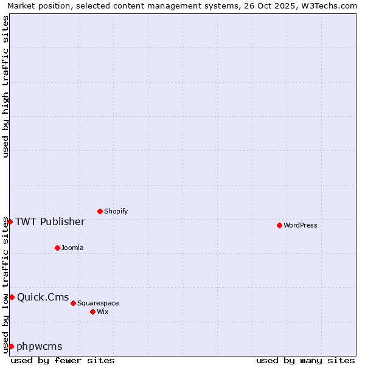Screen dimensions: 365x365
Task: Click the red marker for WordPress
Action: [x=279, y=225]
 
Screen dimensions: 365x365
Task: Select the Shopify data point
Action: [x=100, y=211]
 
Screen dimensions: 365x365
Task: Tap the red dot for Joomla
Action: [x=57, y=248]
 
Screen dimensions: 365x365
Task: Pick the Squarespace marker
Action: [x=73, y=303]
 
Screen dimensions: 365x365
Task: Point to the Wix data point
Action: [x=92, y=311]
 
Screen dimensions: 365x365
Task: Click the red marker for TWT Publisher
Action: [x=10, y=221]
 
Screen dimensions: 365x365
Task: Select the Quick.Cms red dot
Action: [x=12, y=297]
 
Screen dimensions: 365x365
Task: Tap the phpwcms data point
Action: [x=11, y=346]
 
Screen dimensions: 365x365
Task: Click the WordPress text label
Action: [x=301, y=226]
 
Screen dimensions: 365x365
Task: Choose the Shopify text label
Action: [x=116, y=212]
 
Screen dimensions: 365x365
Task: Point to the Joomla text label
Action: [x=72, y=248]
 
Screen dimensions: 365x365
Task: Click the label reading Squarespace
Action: [x=98, y=304]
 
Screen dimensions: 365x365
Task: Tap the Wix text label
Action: [x=103, y=312]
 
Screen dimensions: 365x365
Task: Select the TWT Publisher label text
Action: [x=50, y=221]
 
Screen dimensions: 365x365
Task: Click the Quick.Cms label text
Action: [x=43, y=297]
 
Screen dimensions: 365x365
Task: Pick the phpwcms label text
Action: [x=40, y=347]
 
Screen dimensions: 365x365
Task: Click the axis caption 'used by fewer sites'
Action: [x=63, y=360]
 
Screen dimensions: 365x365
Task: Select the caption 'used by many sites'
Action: [x=305, y=360]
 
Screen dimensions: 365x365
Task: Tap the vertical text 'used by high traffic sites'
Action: [x=5, y=86]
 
